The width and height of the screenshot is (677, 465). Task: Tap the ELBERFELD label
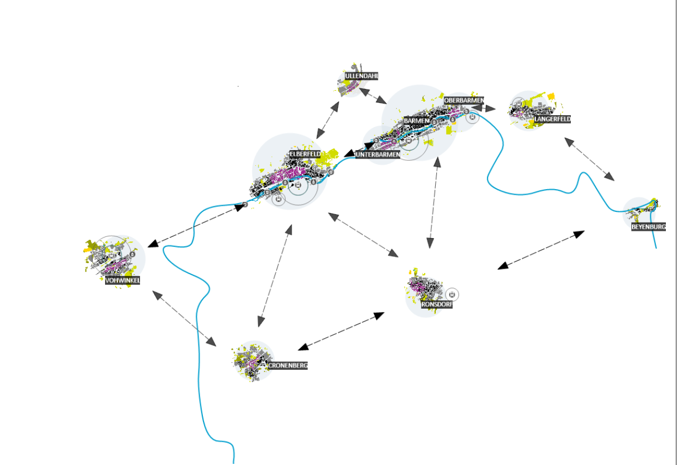click(x=305, y=154)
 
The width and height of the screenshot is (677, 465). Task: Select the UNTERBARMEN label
click(x=377, y=155)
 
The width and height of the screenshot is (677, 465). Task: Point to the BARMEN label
click(x=417, y=121)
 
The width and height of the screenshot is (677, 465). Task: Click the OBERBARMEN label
click(x=464, y=100)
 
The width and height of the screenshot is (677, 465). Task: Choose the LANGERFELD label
click(x=552, y=119)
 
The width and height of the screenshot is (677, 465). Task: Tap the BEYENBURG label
click(x=648, y=227)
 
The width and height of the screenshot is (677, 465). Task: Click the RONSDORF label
click(x=437, y=304)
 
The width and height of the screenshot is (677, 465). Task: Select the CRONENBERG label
click(x=287, y=365)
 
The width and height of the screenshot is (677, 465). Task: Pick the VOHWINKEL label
click(x=123, y=280)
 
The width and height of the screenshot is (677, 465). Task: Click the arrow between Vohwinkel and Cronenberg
click(x=185, y=319)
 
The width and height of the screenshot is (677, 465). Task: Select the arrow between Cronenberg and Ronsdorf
click(x=341, y=332)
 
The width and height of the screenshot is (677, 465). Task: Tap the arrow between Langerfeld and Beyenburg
click(x=590, y=160)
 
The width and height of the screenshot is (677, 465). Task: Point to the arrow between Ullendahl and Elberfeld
click(x=327, y=120)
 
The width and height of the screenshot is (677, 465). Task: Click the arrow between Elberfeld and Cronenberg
click(x=275, y=276)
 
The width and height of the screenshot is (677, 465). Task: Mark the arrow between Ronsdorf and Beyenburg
click(x=541, y=250)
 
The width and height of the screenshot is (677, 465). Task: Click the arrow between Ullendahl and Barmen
click(x=373, y=96)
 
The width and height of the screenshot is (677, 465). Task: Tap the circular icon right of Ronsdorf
click(x=452, y=294)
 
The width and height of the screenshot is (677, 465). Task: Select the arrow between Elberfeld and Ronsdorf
click(x=363, y=235)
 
